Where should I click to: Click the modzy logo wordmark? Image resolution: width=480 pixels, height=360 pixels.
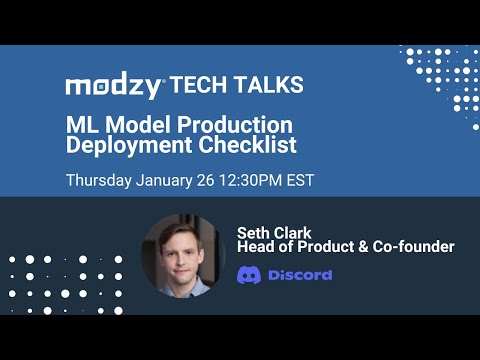point(113,86)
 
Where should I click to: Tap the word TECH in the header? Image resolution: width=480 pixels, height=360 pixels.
point(200,86)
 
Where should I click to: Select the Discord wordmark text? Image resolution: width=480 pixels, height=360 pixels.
point(300,275)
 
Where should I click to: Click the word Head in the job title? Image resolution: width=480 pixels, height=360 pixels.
point(255,247)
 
